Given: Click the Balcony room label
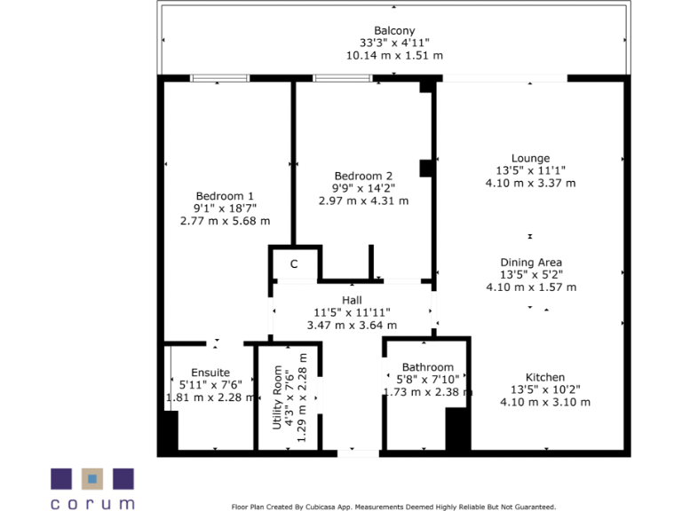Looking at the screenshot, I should click(394, 31).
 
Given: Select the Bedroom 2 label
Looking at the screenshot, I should click(363, 176).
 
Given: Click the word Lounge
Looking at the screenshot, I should click(530, 159).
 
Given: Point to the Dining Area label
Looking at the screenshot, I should click(530, 263).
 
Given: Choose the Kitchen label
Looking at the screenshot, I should click(544, 377).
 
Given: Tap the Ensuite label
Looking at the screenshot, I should click(210, 372).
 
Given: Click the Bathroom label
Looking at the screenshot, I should click(427, 367).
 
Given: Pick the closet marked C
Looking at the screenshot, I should click(294, 264).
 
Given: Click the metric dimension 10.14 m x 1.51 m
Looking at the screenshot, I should click(394, 55).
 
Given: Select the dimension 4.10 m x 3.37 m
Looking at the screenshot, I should click(530, 184).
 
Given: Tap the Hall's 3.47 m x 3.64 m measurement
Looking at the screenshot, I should click(352, 326).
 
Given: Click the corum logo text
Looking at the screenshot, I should click(91, 503).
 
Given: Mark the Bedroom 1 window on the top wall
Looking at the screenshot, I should click(219, 79).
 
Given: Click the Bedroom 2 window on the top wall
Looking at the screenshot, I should click(342, 79).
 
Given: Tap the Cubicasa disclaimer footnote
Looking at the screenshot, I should click(393, 507).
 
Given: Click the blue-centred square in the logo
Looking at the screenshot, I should click(91, 479).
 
